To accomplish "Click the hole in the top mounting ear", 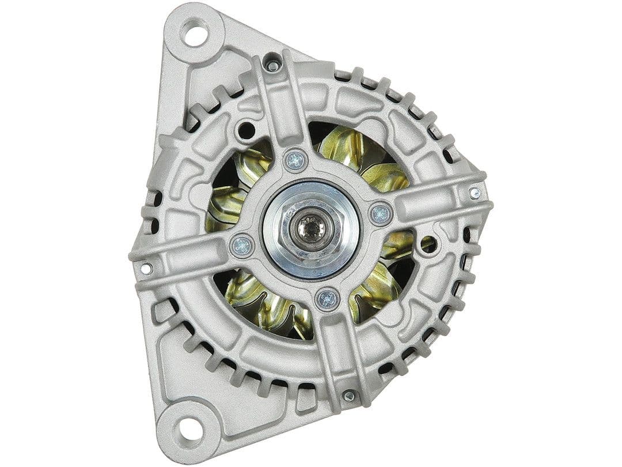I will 194,32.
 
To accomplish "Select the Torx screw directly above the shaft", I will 296,160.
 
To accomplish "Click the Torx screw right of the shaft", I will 380,214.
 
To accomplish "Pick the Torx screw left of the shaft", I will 242,246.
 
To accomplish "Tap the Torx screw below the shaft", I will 327,298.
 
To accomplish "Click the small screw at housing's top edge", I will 273,66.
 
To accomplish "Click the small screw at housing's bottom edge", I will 349,396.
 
